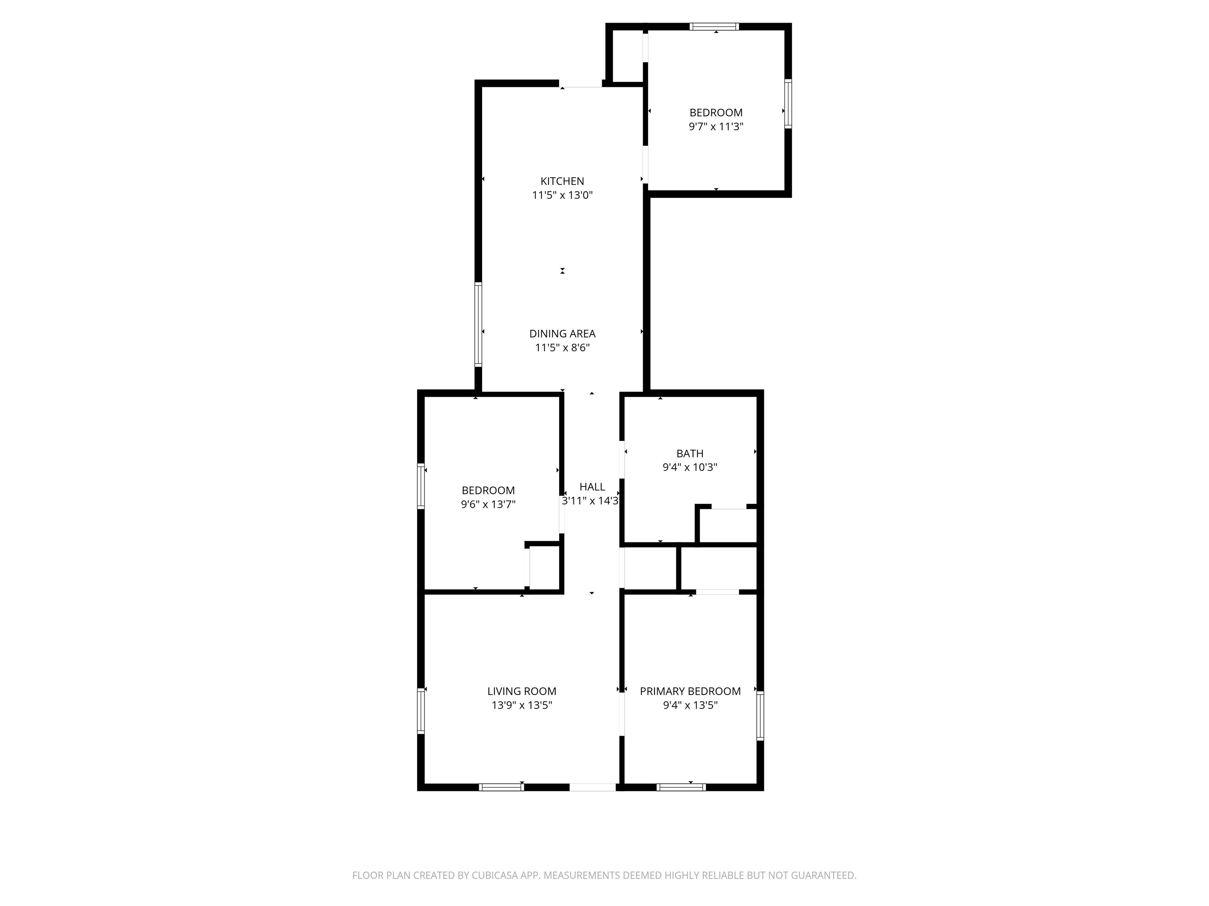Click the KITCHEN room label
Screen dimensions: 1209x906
[x=562, y=181]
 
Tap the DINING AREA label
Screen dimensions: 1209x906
[x=562, y=334]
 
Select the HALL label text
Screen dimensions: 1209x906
[x=592, y=486]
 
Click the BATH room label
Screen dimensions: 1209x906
[x=690, y=453]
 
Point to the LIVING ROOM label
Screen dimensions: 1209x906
[x=522, y=691]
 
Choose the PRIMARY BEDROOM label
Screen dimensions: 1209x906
[x=690, y=691]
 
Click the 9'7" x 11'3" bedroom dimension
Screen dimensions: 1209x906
[x=716, y=127]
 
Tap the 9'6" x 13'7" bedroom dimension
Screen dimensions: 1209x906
[x=488, y=505]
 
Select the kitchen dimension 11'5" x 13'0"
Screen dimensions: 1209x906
[x=562, y=195]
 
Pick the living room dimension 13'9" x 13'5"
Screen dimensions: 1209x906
[x=522, y=705]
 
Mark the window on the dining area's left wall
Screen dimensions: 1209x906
[x=478, y=324]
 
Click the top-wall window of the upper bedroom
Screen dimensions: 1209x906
[x=714, y=26]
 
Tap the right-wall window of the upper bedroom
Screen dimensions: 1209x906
[x=788, y=104]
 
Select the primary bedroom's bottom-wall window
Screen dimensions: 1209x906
[x=681, y=787]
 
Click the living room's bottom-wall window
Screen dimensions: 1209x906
[x=502, y=787]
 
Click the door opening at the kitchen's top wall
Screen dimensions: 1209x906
[x=580, y=84]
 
